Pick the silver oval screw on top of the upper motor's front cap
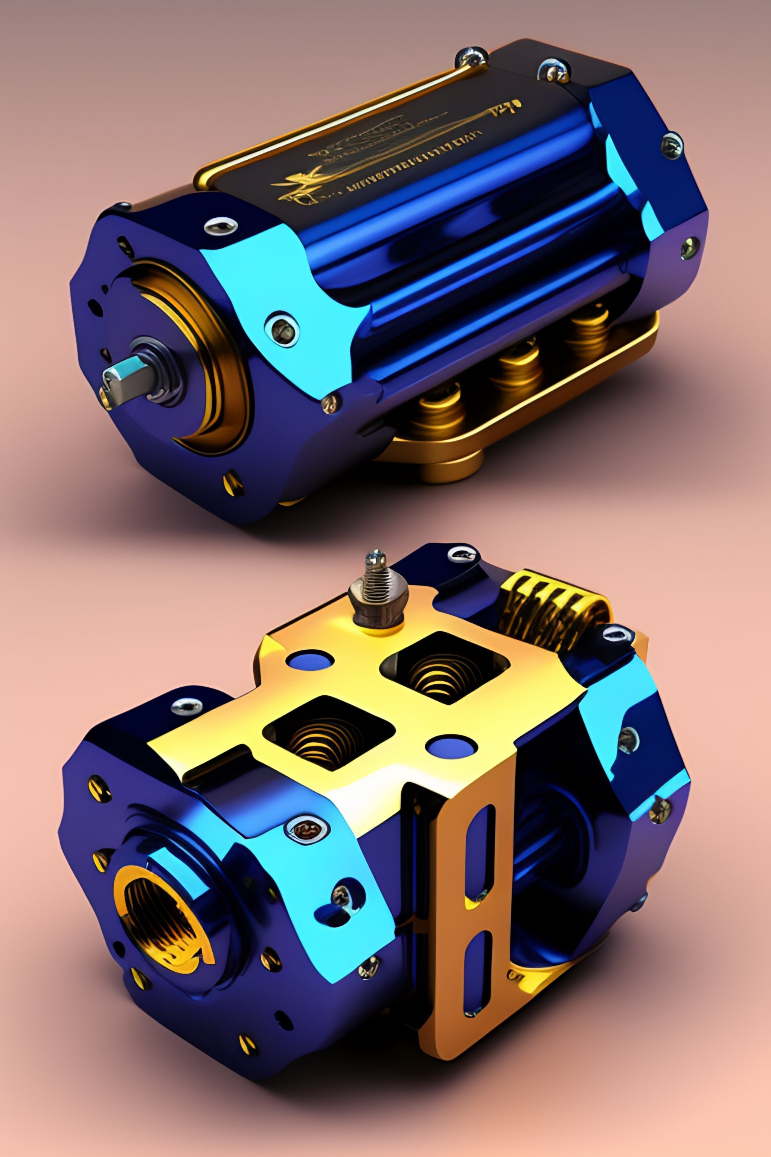tap(221, 226)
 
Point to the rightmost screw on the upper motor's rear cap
tap(689, 247)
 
